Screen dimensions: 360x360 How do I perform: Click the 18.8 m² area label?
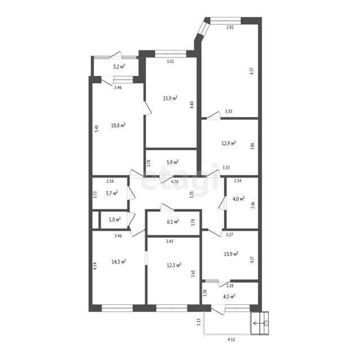118,125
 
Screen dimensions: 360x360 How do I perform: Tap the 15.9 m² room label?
170,98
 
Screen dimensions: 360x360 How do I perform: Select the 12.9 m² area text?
229,143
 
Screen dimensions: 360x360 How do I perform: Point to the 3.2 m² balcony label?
119,67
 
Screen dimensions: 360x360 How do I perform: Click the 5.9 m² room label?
173,162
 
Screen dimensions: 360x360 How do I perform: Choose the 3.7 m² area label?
112,193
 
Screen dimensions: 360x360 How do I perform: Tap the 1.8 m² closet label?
115,219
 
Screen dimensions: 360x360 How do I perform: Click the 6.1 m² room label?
173,222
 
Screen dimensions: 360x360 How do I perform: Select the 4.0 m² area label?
238,199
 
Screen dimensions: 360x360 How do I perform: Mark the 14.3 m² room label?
119,262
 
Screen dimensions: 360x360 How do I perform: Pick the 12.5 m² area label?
174,265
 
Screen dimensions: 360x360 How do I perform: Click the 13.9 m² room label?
231,254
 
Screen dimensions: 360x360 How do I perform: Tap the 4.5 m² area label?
229,296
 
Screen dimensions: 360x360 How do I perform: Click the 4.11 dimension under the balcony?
231,340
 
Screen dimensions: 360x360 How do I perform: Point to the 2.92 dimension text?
230,28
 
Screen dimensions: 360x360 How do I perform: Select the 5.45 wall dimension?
97,128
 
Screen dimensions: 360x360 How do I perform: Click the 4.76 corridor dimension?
175,182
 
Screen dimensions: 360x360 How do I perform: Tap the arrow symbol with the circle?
260,323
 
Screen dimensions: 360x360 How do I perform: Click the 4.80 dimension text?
192,105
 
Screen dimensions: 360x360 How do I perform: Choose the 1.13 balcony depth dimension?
199,321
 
